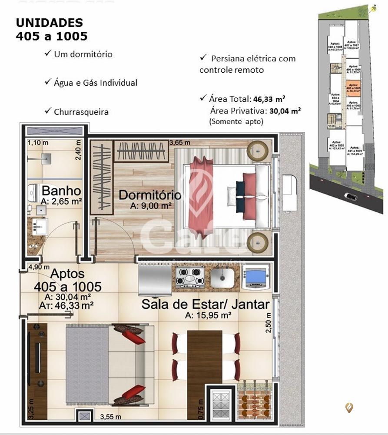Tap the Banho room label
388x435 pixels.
click(61, 191)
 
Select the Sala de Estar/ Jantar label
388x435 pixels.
click(205, 304)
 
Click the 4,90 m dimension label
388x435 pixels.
click(39, 267)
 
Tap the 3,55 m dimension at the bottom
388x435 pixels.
click(110, 417)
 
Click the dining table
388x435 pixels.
click(204, 356)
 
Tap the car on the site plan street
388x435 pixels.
click(350, 196)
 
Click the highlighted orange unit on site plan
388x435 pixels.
click(353, 88)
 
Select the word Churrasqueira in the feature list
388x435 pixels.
click(81, 112)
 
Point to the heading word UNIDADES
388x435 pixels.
click(49, 23)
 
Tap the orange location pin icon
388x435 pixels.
click(349, 407)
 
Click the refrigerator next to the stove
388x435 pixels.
click(155, 280)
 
